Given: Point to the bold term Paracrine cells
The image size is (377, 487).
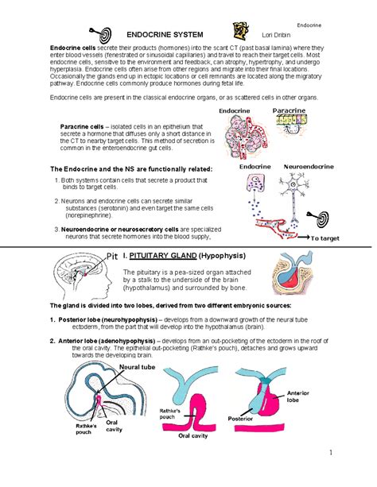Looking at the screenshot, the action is [x=82, y=127].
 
